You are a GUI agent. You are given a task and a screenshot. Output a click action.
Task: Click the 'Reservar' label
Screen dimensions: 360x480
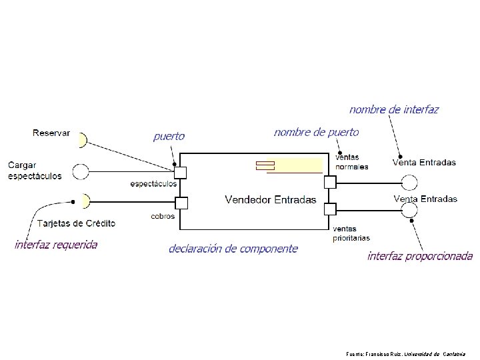coord(51,133)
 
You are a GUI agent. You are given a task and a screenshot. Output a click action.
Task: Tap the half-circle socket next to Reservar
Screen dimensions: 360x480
coord(82,140)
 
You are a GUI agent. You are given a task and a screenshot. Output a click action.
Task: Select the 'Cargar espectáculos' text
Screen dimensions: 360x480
coord(35,170)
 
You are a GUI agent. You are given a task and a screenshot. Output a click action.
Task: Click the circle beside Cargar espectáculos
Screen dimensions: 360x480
coord(81,172)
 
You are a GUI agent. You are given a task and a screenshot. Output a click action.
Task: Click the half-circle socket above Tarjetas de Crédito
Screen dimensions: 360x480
coord(84,200)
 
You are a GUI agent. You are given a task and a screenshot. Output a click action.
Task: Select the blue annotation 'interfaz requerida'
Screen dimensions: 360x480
coord(56,245)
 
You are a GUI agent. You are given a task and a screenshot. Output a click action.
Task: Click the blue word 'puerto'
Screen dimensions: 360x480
coord(169,137)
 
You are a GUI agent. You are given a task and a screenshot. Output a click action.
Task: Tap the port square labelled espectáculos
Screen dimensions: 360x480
coord(180,173)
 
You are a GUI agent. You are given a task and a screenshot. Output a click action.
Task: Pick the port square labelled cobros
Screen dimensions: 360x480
coord(180,203)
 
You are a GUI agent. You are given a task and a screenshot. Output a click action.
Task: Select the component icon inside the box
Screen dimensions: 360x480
coord(265,165)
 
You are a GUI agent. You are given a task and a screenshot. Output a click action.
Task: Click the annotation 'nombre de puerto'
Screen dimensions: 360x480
coord(316,133)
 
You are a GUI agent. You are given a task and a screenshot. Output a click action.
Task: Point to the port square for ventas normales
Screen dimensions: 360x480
coord(329,181)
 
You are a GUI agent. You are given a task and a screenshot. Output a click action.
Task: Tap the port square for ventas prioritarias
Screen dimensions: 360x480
coord(329,209)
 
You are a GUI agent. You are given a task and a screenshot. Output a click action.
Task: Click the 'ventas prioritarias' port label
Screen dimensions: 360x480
coord(351,233)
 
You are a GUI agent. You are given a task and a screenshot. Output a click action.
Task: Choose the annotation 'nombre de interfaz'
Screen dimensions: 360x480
coord(394,109)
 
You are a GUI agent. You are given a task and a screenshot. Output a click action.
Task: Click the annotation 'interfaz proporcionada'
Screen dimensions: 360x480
coord(420,256)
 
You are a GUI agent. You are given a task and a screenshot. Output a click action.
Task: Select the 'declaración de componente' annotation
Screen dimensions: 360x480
coord(233,249)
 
